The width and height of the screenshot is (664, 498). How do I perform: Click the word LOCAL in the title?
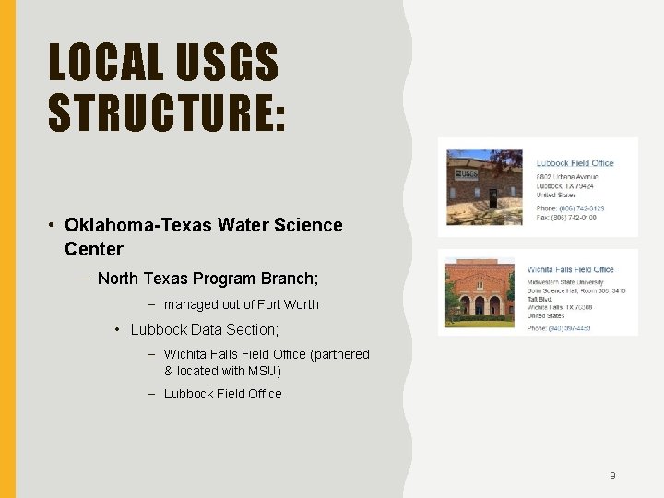tap(102, 64)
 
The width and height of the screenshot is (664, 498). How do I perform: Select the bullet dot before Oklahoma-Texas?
tap(54, 225)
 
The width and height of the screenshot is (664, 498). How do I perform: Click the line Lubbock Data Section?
tap(204, 329)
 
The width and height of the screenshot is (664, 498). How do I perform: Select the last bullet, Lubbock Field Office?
tap(222, 394)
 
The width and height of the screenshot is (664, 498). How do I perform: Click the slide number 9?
tap(612, 476)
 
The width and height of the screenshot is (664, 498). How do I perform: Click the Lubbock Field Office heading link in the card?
tap(575, 163)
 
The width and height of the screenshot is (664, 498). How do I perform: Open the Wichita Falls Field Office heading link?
tap(570, 269)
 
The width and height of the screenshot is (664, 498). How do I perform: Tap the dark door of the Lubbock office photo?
tap(493, 197)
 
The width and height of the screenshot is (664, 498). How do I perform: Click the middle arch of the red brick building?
tap(480, 305)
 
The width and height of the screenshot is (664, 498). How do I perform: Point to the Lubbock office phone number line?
tap(570, 208)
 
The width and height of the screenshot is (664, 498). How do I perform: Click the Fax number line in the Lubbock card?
tap(570, 218)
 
